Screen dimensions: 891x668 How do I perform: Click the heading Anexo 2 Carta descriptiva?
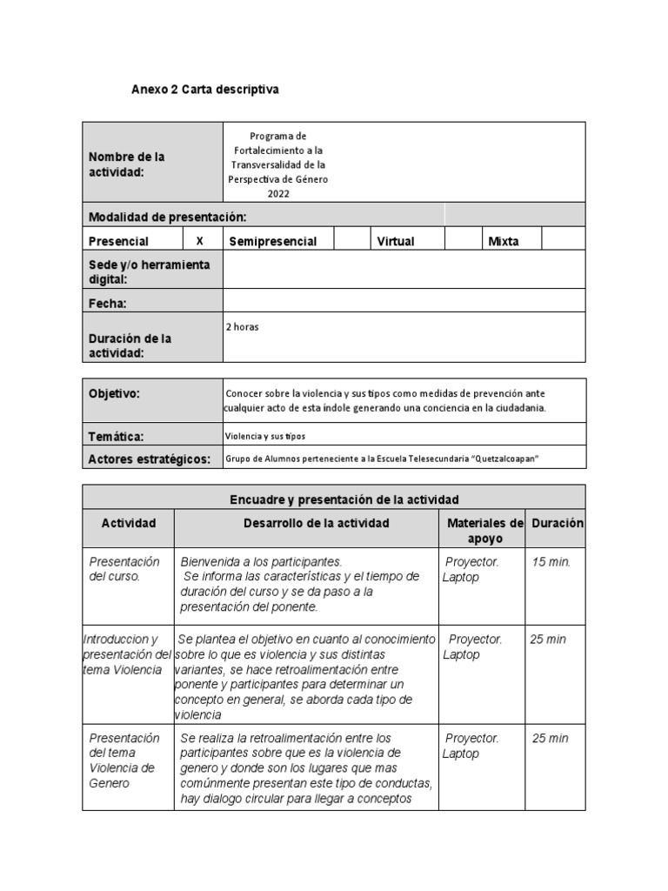[205, 90]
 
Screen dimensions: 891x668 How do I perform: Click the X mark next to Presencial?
[200, 241]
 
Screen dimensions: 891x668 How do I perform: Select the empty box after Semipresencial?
[352, 241]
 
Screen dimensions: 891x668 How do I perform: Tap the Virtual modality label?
[395, 242]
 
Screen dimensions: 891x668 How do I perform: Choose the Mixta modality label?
[504, 242]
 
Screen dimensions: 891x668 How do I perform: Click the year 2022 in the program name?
[278, 194]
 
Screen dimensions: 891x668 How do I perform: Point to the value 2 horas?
[243, 327]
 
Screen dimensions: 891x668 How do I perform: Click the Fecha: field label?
[108, 304]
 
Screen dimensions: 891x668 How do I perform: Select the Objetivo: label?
[114, 394]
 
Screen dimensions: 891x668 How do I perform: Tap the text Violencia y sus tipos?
[265, 436]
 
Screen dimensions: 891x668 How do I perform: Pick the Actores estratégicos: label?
[150, 459]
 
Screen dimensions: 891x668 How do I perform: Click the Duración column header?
[558, 523]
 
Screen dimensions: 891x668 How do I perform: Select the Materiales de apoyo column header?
[484, 531]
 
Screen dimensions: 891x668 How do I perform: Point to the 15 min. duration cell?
[551, 562]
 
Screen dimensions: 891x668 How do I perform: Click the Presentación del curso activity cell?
[124, 569]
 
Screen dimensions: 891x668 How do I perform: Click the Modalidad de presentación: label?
[167, 217]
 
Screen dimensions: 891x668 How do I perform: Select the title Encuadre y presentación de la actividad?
[344, 499]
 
